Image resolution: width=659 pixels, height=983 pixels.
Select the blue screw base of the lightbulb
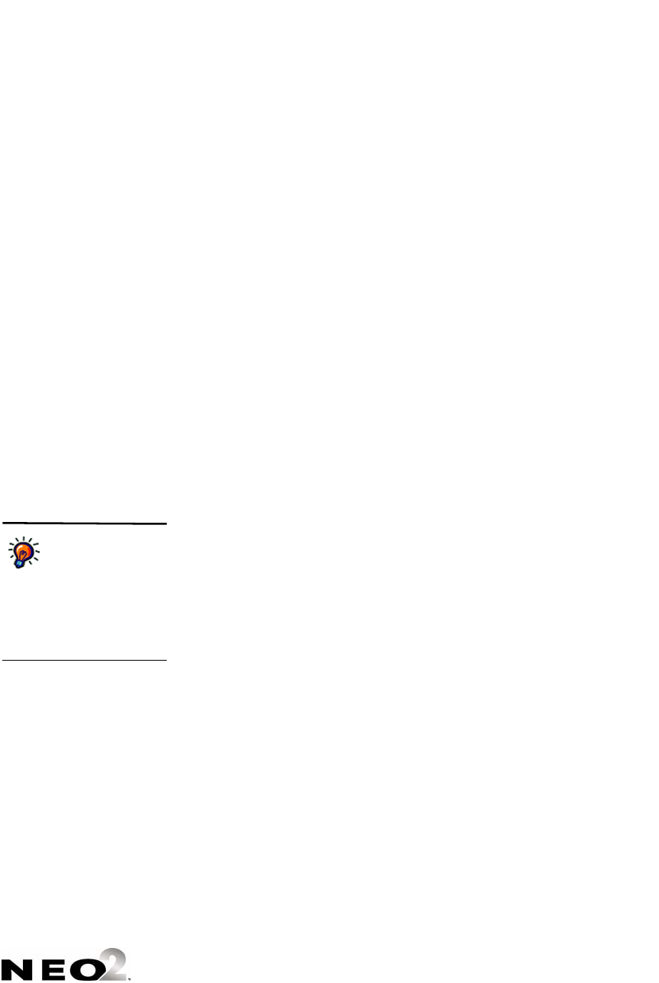pyautogui.click(x=20, y=564)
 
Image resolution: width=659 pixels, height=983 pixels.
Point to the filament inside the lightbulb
pyautogui.click(x=25, y=550)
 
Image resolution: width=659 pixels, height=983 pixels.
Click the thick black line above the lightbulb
pyautogui.click(x=84, y=524)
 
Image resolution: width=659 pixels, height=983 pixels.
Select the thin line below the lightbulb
pyautogui.click(x=84, y=660)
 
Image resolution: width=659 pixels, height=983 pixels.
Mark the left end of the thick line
pyautogui.click(x=3, y=524)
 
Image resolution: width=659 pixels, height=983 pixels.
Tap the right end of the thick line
pyautogui.click(x=166, y=524)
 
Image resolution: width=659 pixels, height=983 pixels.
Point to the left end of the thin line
pyautogui.click(x=3, y=660)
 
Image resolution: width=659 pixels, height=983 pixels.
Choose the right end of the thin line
pyautogui.click(x=166, y=660)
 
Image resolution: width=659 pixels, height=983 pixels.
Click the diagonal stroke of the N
pyautogui.click(x=15, y=968)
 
